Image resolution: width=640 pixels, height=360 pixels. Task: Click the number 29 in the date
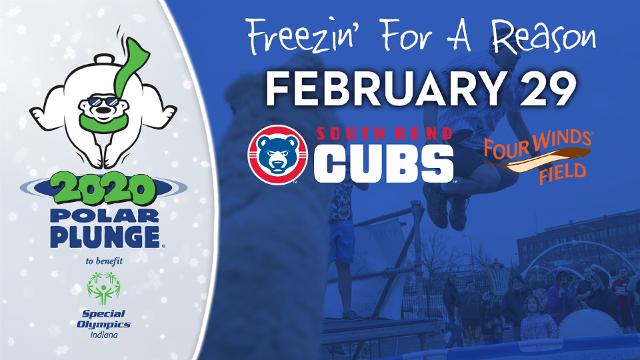547,89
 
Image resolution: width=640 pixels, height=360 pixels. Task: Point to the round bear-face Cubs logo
278,154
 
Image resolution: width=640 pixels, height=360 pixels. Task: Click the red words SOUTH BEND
384,134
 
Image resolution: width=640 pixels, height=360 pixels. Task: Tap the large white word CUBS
384,163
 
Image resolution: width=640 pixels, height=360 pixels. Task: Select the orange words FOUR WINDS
537,145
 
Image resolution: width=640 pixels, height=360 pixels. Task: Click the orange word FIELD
562,172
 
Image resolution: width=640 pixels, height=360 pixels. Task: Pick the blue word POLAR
104,216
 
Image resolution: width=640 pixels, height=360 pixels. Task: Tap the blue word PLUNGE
105,236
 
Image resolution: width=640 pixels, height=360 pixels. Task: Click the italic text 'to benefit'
104,261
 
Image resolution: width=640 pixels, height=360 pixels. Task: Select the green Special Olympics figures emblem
103,288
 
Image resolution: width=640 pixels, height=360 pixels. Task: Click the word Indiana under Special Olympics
104,335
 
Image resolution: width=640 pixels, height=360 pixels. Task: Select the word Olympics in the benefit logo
104,324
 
